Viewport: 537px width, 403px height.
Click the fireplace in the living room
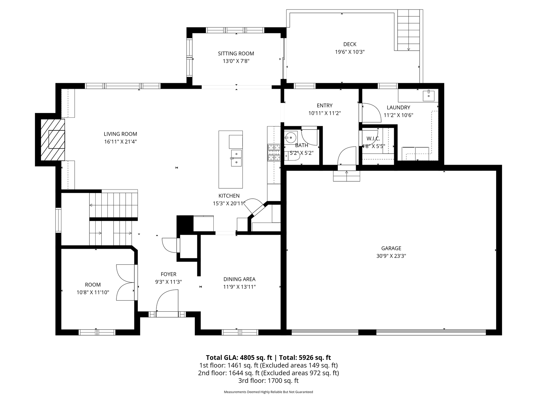[53, 139]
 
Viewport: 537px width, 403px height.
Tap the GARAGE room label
[391, 248]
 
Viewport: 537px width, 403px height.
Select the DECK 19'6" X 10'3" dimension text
[350, 52]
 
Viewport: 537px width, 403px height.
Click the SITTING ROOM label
[236, 54]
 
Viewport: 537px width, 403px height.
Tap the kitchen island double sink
[236, 158]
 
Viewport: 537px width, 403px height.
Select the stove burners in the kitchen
[274, 152]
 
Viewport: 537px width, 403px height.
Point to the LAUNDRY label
[398, 108]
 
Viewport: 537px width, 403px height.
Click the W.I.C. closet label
[373, 139]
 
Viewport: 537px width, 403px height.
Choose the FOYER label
[168, 274]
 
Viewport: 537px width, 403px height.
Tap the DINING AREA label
[239, 279]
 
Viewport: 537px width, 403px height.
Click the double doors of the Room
[126, 282]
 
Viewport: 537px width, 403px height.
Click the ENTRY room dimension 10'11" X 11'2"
[325, 113]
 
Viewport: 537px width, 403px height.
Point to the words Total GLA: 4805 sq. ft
[239, 358]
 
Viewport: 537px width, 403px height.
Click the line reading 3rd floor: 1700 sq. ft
[268, 381]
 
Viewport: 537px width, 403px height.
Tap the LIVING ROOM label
[121, 134]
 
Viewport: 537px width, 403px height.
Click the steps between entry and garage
[347, 176]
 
